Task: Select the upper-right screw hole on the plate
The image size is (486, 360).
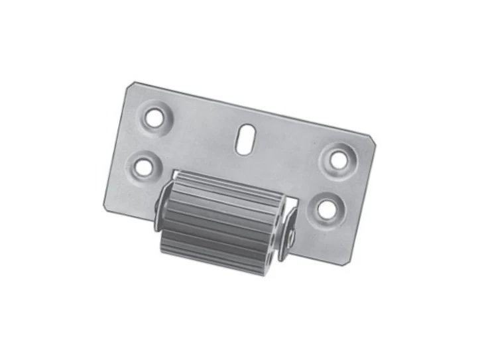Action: [338, 159]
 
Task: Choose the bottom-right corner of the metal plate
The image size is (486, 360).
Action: [347, 264]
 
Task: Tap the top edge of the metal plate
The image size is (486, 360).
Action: [252, 109]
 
